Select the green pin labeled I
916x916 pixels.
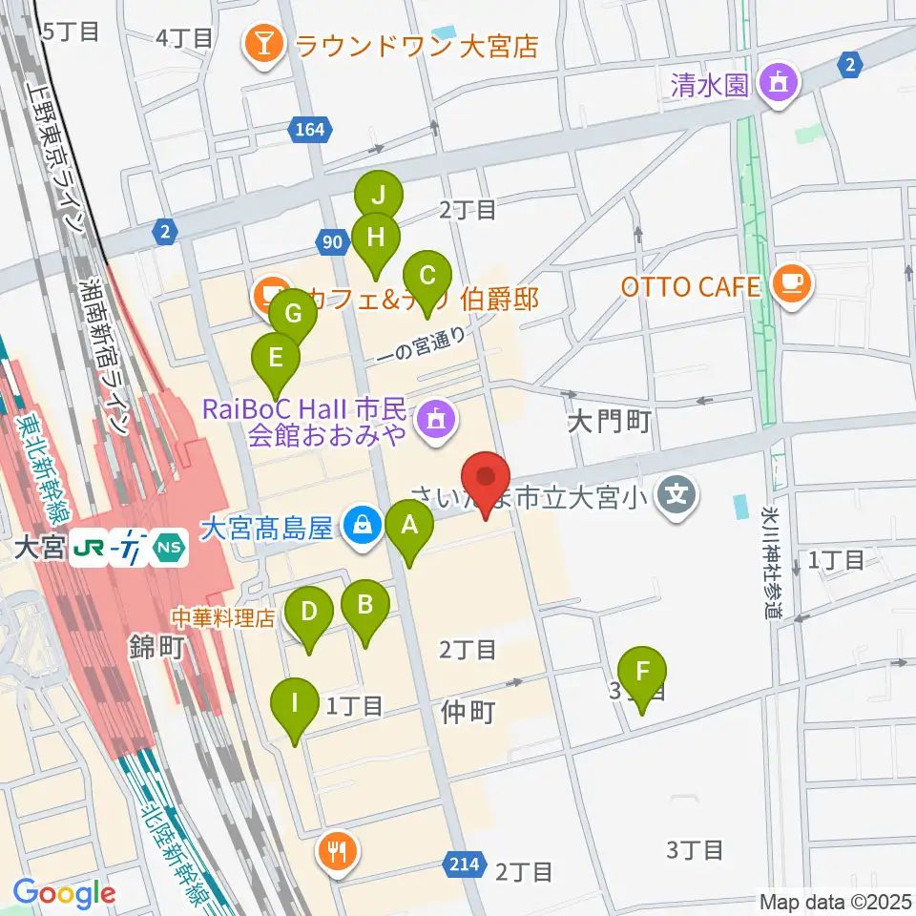pos(295,706)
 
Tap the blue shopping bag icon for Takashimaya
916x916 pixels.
pos(362,526)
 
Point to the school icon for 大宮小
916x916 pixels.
pos(677,495)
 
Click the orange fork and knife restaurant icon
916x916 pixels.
pos(336,848)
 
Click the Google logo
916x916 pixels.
pos(64,894)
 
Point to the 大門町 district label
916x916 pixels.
pos(609,422)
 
